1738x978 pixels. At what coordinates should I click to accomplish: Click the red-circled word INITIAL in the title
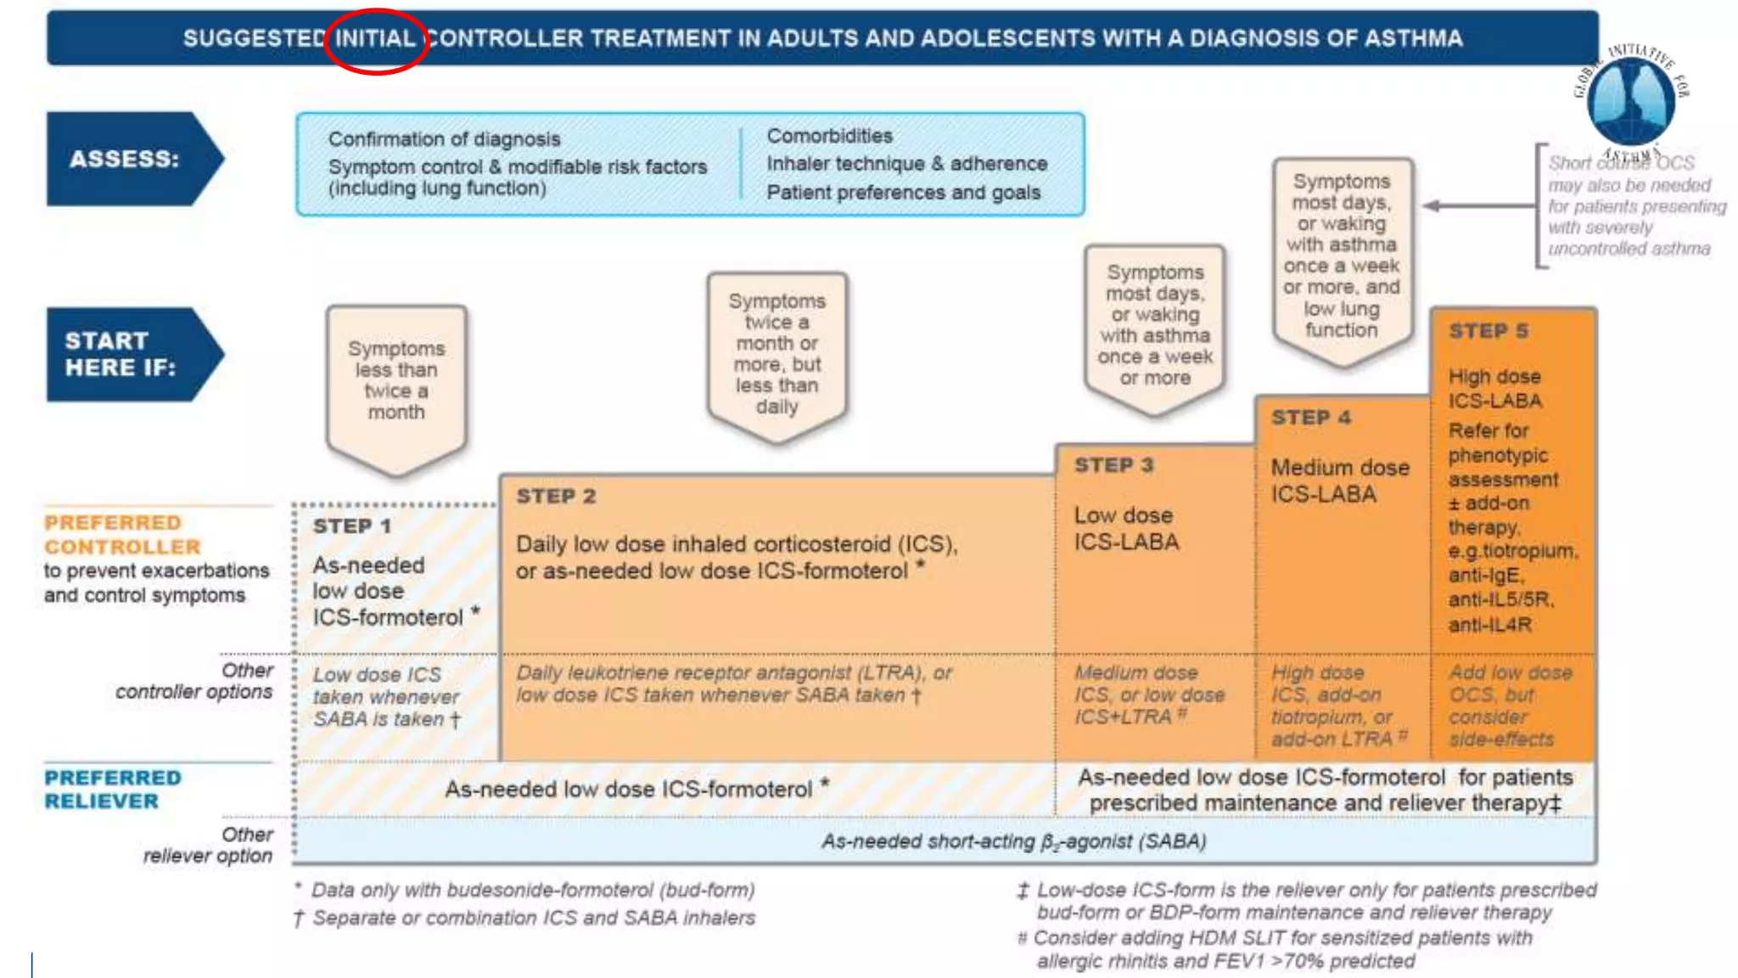click(x=375, y=38)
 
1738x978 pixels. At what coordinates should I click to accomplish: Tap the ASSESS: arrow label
click(x=125, y=159)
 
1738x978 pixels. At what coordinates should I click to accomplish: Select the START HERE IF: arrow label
click(x=121, y=354)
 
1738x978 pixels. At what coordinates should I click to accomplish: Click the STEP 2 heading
click(x=556, y=496)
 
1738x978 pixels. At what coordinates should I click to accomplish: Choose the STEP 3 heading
click(x=1113, y=465)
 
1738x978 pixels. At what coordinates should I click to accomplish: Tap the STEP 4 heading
click(x=1310, y=418)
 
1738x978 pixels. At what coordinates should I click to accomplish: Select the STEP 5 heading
click(x=1489, y=331)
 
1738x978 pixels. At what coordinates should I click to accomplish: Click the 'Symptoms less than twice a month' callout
click(x=396, y=380)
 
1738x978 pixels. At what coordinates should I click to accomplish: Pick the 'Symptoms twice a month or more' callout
click(x=776, y=353)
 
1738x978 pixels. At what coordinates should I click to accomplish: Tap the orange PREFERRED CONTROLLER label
click(x=123, y=535)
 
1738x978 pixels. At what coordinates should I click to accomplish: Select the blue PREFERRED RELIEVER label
click(x=112, y=790)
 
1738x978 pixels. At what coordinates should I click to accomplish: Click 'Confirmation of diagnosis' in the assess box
click(x=444, y=138)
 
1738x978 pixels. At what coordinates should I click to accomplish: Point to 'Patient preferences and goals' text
click(x=903, y=193)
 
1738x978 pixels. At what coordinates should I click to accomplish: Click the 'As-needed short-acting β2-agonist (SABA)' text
click(x=1013, y=841)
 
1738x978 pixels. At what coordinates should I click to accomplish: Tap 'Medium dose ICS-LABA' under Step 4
click(x=1339, y=481)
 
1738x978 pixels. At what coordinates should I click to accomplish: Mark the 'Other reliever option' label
click(x=208, y=846)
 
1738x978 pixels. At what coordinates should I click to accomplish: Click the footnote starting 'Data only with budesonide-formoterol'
click(x=532, y=890)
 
